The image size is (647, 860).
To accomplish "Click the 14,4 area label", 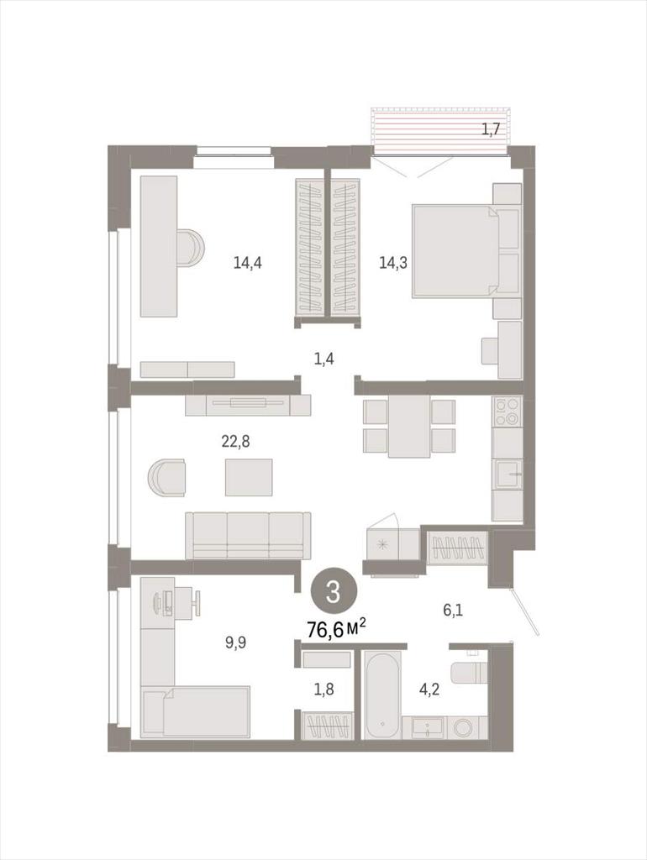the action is click(248, 263).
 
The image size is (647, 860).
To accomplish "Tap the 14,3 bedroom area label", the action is click(393, 263).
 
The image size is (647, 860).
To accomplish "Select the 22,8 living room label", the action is click(235, 441).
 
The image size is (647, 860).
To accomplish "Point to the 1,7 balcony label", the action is click(491, 129).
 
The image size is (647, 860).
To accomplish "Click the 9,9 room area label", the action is click(235, 642).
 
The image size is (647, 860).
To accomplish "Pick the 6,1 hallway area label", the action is click(452, 610).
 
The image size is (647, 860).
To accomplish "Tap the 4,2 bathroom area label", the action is click(429, 690).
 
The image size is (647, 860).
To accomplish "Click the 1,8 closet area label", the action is click(323, 690).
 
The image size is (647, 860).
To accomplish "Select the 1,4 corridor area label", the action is click(324, 359).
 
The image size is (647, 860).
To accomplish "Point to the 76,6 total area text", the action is click(336, 630).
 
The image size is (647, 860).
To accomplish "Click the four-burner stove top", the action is click(507, 412).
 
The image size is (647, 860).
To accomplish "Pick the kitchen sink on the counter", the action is click(507, 475).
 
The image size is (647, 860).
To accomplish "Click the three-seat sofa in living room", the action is click(248, 536).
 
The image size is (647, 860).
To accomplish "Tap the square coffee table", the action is click(249, 477).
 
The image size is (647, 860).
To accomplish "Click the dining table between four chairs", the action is click(409, 426).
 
